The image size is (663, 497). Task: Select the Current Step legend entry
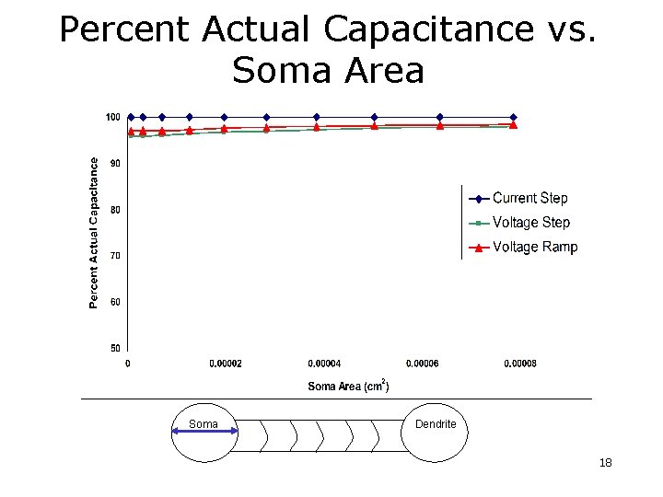pyautogui.click(x=529, y=198)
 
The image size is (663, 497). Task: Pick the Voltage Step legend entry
pyautogui.click(x=530, y=223)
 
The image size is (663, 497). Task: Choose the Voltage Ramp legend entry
pyautogui.click(x=534, y=247)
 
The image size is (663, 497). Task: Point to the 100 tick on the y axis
pyautogui.click(x=112, y=117)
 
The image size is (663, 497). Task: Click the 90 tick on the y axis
pyautogui.click(x=114, y=163)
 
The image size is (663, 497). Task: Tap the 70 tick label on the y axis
pyautogui.click(x=114, y=255)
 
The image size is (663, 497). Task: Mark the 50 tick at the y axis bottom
pyautogui.click(x=114, y=348)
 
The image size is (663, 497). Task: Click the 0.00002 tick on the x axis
pyautogui.click(x=226, y=364)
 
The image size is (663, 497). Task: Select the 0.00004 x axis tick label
pyautogui.click(x=324, y=364)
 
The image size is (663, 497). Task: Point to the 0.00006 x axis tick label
pyautogui.click(x=422, y=364)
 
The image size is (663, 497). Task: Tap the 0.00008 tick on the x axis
pyautogui.click(x=520, y=364)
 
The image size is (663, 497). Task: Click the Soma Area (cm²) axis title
pyautogui.click(x=348, y=386)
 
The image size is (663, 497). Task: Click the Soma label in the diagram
pyautogui.click(x=204, y=424)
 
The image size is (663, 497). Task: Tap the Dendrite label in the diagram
pyautogui.click(x=436, y=424)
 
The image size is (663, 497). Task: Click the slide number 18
pyautogui.click(x=605, y=462)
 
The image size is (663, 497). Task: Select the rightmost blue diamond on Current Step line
pyautogui.click(x=514, y=117)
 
